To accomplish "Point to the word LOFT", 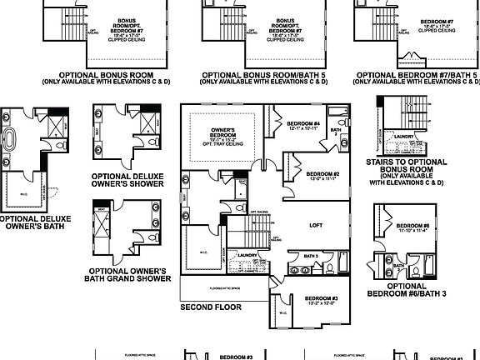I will [316, 225].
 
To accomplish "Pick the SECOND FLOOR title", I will [210, 307].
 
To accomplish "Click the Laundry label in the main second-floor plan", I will [247, 255].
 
